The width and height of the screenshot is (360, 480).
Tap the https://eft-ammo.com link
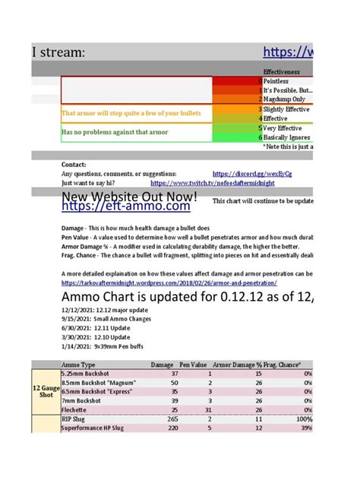tap(126, 206)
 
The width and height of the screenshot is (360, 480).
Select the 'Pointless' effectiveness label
tap(276, 81)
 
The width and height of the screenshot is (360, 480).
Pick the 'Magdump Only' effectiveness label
tap(284, 99)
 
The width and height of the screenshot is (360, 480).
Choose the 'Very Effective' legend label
tap(284, 128)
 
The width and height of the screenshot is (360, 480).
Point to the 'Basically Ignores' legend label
tap(287, 137)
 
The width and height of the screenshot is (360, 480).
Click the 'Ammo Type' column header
tap(78, 365)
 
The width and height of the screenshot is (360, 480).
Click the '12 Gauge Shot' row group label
tap(45, 392)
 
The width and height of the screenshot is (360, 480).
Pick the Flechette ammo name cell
tap(75, 410)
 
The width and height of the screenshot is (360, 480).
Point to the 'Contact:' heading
tap(73, 164)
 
